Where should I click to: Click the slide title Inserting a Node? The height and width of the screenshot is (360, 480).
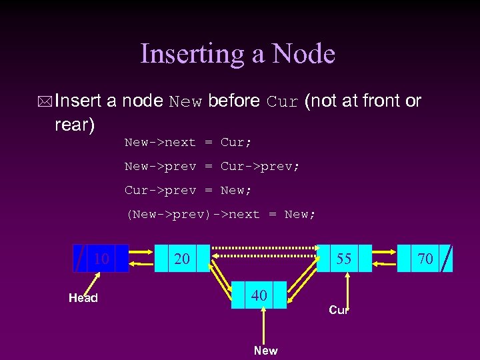[x=237, y=54]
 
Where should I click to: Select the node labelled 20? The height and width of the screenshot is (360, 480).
[x=182, y=259]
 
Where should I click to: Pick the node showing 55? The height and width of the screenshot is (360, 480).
[x=344, y=259]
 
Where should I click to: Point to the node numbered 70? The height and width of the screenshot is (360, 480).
[x=425, y=259]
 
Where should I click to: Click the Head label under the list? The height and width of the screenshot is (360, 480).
[x=83, y=298]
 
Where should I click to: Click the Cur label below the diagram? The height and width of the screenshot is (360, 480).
[x=339, y=310]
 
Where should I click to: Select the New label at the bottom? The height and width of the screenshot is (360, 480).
[x=265, y=351]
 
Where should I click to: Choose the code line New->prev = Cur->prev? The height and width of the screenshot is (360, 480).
[x=212, y=167]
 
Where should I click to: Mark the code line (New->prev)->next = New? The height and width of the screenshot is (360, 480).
[x=220, y=215]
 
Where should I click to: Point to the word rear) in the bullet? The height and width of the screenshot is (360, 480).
[x=75, y=125]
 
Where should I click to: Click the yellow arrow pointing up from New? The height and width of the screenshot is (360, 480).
[x=265, y=327]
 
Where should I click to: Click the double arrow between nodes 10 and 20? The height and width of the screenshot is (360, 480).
[x=142, y=259]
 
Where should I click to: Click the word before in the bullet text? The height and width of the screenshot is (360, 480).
[x=233, y=101]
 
